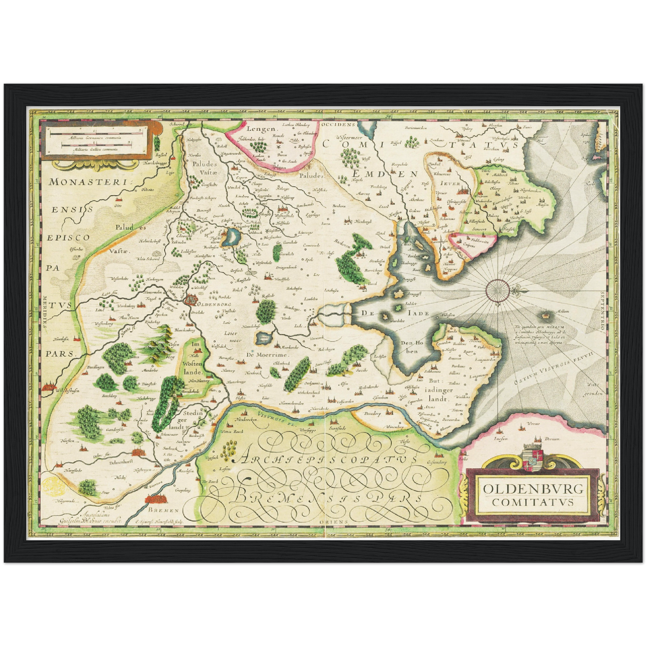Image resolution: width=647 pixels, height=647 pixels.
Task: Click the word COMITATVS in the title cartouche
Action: pyautogui.click(x=533, y=502)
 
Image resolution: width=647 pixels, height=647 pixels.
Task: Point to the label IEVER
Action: pyautogui.click(x=450, y=183)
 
